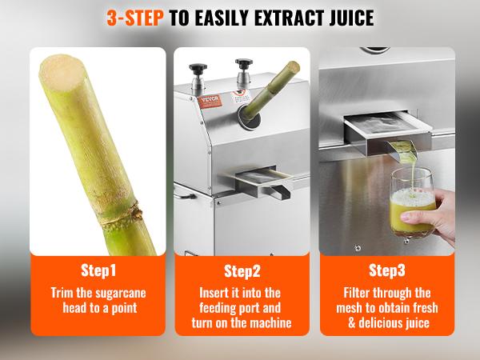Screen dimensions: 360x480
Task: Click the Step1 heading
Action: (98, 270)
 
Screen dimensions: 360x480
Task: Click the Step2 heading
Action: (242, 270)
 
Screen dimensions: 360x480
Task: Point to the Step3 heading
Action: (387, 270)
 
